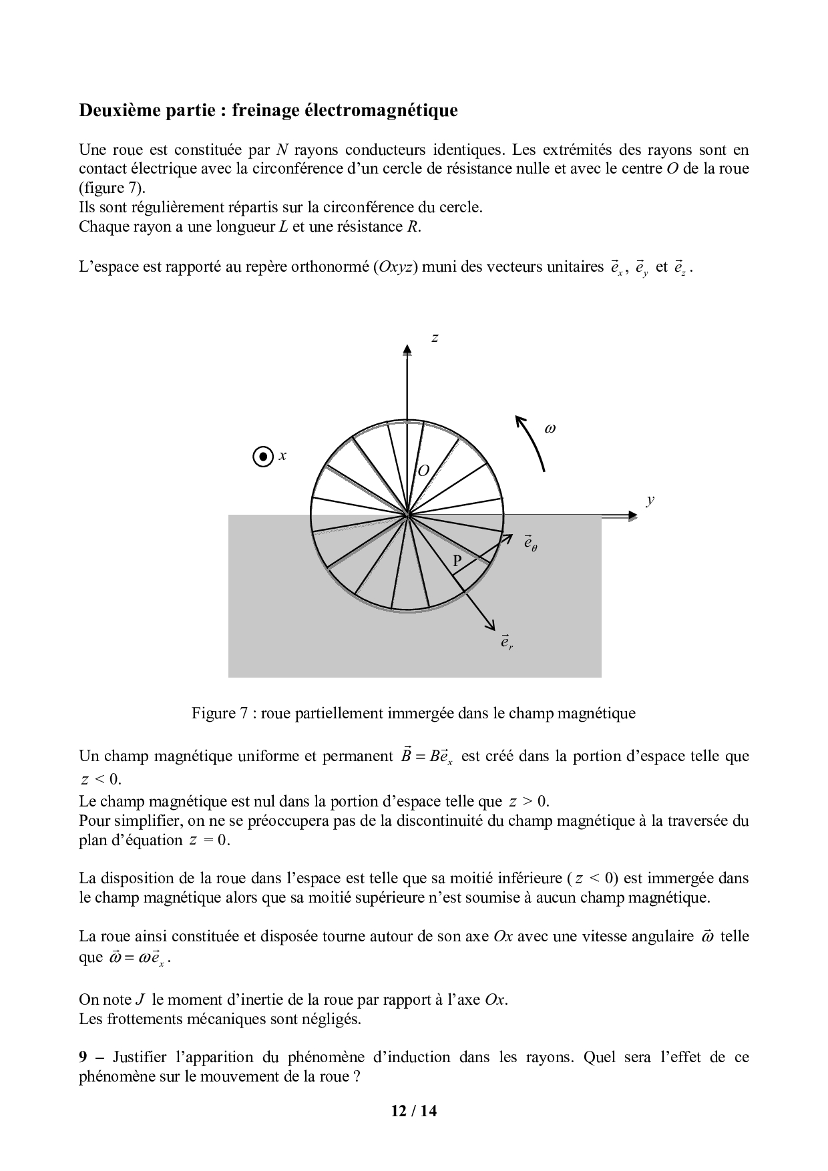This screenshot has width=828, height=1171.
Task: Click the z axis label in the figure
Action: (435, 338)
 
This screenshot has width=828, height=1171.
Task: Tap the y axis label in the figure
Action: (650, 500)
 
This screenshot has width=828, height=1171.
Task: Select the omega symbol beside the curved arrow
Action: (550, 429)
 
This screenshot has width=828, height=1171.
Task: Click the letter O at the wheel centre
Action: (423, 471)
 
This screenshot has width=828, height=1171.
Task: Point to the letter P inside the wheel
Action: (457, 561)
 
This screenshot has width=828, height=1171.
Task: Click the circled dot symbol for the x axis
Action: (264, 457)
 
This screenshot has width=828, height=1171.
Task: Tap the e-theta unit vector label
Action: (530, 543)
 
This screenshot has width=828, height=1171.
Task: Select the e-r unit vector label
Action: (507, 642)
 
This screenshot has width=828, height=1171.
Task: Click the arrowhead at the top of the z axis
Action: (407, 350)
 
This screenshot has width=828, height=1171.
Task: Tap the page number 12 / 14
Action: (414, 1111)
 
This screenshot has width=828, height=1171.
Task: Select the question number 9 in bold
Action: (83, 1057)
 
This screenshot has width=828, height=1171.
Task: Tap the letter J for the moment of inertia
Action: (140, 999)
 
